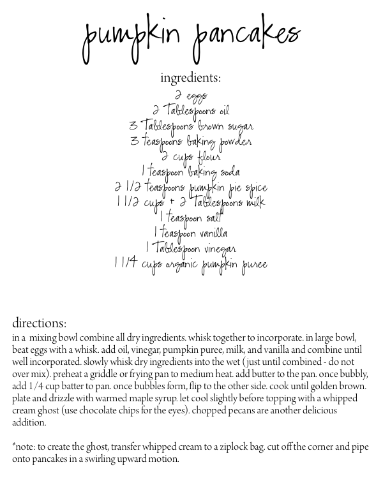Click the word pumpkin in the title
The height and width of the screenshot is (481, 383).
click(x=133, y=40)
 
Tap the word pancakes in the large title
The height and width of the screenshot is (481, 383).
click(x=245, y=40)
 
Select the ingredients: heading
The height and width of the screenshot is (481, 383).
click(x=191, y=79)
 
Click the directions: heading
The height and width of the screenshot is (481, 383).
click(x=40, y=323)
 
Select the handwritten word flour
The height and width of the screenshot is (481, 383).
click(x=206, y=157)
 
